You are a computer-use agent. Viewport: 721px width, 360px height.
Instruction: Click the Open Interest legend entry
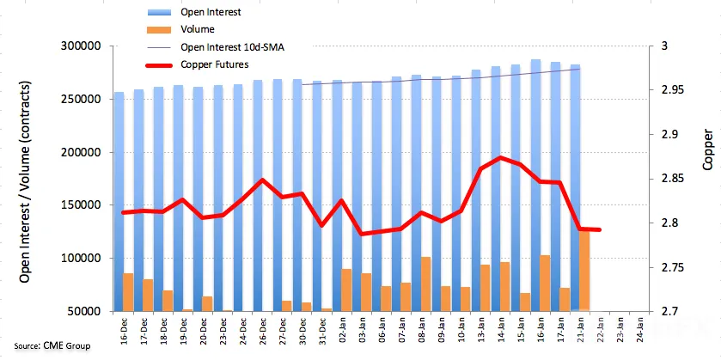pyautogui.click(x=211, y=12)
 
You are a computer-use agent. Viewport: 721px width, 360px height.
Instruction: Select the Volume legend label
pyautogui.click(x=198, y=29)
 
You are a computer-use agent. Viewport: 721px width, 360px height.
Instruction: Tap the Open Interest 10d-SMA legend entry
pyautogui.click(x=232, y=47)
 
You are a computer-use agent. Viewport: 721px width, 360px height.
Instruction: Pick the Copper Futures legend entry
pyautogui.click(x=215, y=64)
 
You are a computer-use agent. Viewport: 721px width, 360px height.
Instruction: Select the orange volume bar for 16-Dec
pyautogui.click(x=128, y=292)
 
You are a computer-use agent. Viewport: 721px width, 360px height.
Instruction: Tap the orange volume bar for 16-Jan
pyautogui.click(x=545, y=284)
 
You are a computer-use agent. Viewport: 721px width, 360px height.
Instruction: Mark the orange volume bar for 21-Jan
pyautogui.click(x=584, y=271)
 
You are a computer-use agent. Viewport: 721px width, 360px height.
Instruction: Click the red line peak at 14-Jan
pyautogui.click(x=500, y=158)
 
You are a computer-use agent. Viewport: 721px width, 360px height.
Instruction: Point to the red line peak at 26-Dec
pyautogui.click(x=262, y=180)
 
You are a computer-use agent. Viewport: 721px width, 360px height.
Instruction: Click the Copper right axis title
pyautogui.click(x=709, y=154)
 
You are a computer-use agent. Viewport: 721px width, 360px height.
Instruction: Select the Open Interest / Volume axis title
pyautogui.click(x=25, y=182)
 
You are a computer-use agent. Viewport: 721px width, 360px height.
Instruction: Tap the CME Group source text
pyautogui.click(x=52, y=345)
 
